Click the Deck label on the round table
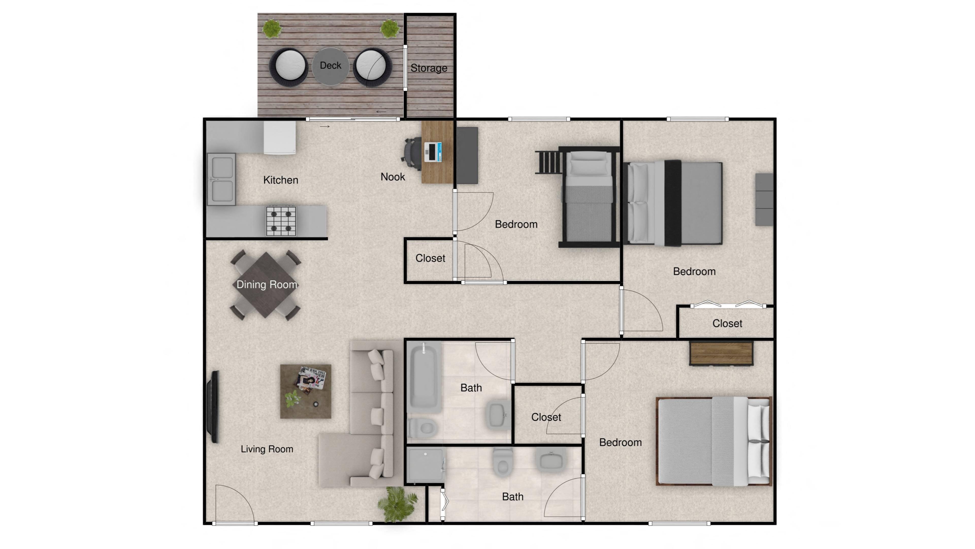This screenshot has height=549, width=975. [330, 66]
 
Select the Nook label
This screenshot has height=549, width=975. [393, 177]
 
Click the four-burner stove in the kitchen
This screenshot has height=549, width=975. [281, 221]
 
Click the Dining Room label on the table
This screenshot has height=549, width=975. [266, 285]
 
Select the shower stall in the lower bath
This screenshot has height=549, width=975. [425, 466]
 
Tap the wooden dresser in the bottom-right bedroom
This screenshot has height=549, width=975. [721, 353]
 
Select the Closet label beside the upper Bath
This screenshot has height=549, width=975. [546, 417]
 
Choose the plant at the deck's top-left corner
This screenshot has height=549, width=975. [271, 29]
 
